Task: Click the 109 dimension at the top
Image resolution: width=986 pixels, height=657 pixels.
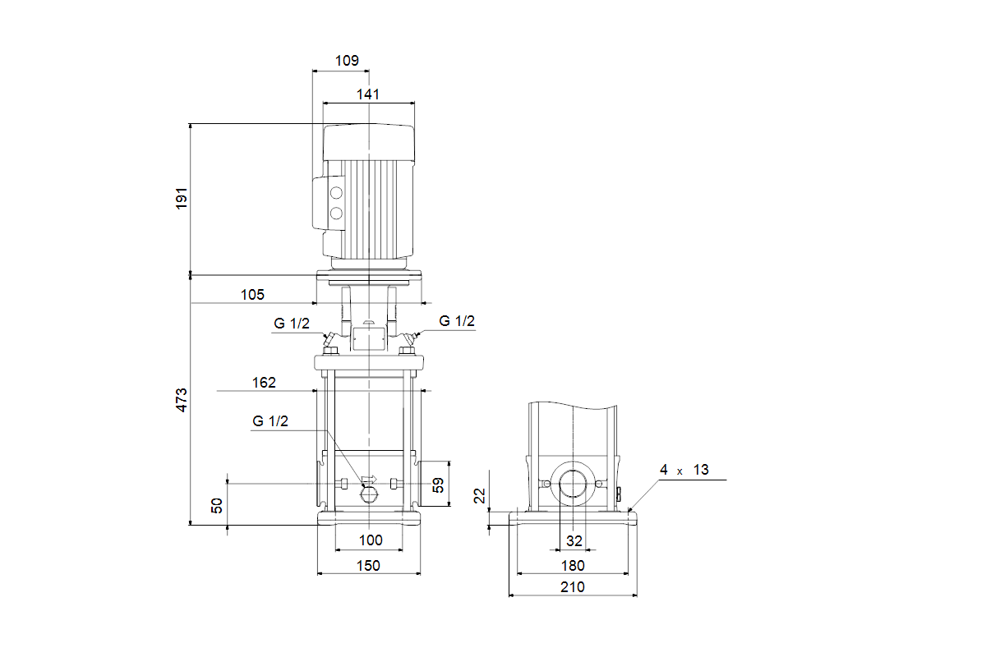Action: click(x=348, y=61)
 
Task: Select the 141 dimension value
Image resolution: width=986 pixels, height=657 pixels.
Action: click(x=368, y=94)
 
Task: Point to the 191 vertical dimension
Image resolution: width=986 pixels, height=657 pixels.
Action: click(x=182, y=198)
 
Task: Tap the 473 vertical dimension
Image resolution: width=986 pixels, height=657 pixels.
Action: click(x=182, y=399)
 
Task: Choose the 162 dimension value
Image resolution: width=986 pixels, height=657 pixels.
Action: click(x=265, y=383)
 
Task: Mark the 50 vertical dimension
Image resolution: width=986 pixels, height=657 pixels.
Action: click(x=217, y=505)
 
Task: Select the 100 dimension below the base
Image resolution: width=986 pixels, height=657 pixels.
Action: click(x=371, y=540)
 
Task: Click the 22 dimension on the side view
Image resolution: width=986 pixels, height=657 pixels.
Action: click(x=481, y=494)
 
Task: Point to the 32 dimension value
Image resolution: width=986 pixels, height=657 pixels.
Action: click(x=574, y=540)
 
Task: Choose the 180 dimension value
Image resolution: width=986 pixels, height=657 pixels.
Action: click(x=573, y=565)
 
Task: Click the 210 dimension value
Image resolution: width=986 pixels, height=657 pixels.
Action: click(x=573, y=586)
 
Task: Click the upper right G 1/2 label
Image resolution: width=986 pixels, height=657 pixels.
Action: click(x=457, y=321)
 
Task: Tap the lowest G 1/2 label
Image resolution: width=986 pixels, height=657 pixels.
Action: click(x=270, y=421)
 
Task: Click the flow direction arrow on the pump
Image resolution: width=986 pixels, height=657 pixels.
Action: click(x=368, y=479)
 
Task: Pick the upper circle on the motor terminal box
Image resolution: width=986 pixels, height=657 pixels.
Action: click(x=335, y=194)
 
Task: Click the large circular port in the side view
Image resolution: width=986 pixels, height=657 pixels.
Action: click(x=573, y=485)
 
